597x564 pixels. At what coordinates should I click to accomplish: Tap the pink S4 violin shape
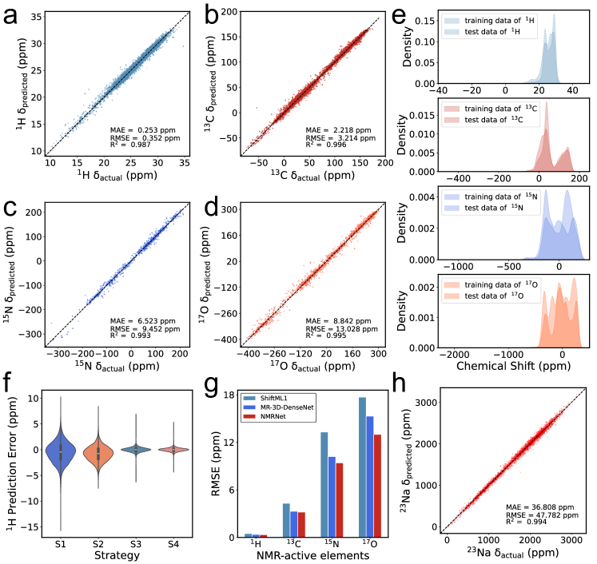point(172,449)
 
